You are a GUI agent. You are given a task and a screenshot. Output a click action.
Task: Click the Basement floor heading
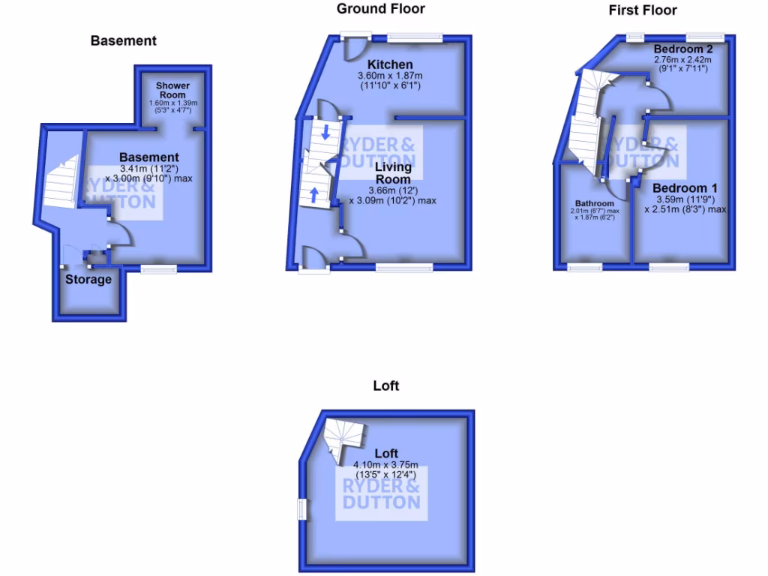(x=124, y=40)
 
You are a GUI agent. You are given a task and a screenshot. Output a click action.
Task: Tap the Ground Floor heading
(x=380, y=9)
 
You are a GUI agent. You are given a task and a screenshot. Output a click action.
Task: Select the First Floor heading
(x=642, y=10)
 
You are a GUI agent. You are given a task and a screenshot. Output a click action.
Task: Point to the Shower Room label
(x=172, y=90)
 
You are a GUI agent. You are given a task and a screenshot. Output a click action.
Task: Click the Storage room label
(x=88, y=280)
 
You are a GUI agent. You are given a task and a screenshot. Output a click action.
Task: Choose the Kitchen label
(x=390, y=64)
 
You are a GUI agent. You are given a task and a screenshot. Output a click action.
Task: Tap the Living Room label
(x=393, y=173)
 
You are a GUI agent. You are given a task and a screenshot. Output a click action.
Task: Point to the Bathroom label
(x=595, y=203)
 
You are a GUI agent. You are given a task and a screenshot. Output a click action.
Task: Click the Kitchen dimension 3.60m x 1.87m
(x=390, y=76)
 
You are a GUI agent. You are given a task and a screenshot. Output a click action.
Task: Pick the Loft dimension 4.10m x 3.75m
(x=386, y=465)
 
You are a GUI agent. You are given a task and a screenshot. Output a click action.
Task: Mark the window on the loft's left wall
(x=301, y=509)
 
